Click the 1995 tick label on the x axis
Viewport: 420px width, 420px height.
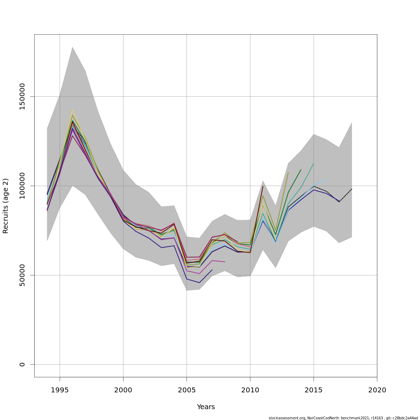[x=60, y=390]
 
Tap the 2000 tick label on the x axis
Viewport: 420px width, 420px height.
[x=123, y=390]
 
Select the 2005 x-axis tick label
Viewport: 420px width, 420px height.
[x=187, y=390]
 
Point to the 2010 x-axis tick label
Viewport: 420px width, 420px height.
[x=250, y=390]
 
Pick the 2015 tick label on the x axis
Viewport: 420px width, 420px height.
[x=314, y=390]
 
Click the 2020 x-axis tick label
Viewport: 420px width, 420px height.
[x=377, y=390]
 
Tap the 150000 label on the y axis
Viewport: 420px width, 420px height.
[x=22, y=96]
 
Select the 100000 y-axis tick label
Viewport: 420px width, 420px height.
[x=22, y=186]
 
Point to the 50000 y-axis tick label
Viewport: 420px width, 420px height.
[x=22, y=275]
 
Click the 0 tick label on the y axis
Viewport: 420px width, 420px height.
[x=22, y=364]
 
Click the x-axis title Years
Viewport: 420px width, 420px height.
[x=206, y=407]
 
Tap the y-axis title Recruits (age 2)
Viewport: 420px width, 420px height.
[x=6, y=206]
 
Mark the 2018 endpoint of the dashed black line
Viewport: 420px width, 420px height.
[x=352, y=189]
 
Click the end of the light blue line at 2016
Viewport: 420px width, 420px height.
[x=326, y=180]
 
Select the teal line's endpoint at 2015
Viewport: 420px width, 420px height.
[x=314, y=163]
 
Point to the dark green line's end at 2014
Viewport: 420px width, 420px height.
[x=301, y=170]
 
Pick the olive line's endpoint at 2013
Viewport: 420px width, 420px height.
[x=288, y=172]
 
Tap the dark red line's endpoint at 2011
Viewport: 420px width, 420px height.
[x=262, y=186]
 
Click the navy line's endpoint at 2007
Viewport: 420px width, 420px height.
[x=212, y=270]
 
